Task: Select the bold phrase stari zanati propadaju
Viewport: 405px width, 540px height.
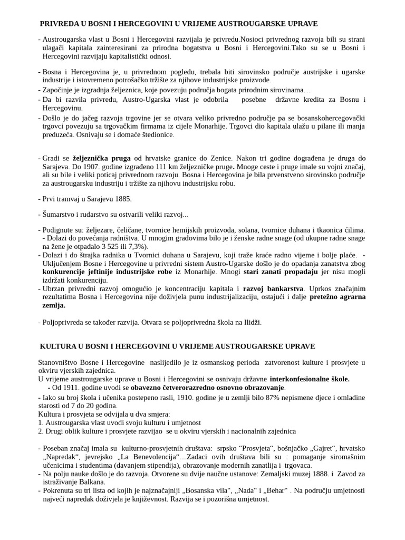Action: (281, 272)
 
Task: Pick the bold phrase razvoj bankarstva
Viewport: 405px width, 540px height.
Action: (273, 288)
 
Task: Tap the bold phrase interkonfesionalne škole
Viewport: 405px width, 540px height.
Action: (310, 379)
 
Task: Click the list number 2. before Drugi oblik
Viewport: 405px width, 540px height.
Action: (41, 431)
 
